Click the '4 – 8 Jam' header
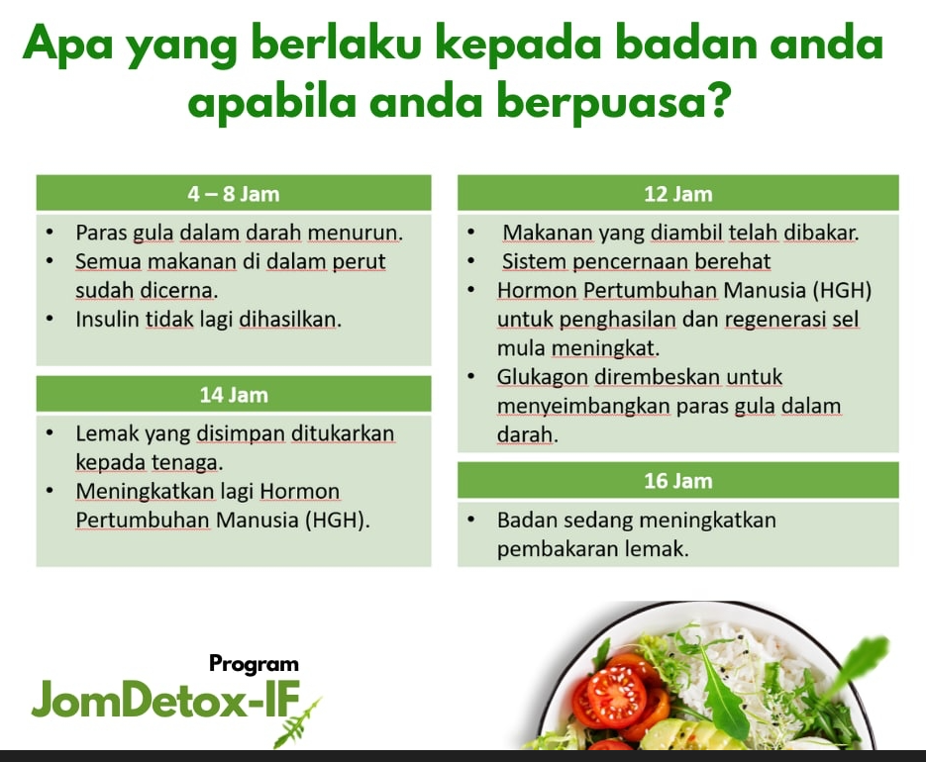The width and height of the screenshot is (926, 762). (234, 193)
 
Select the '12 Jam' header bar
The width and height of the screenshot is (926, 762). (677, 193)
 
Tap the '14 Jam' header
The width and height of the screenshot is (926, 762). (234, 395)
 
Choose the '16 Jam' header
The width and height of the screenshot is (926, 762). (677, 481)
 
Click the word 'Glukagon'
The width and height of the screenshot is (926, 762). (542, 377)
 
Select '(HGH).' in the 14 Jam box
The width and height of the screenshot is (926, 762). (337, 520)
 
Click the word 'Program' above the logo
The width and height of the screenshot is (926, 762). (254, 663)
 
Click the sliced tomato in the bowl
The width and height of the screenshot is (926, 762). (614, 697)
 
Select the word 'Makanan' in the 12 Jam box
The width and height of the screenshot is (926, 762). (549, 234)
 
